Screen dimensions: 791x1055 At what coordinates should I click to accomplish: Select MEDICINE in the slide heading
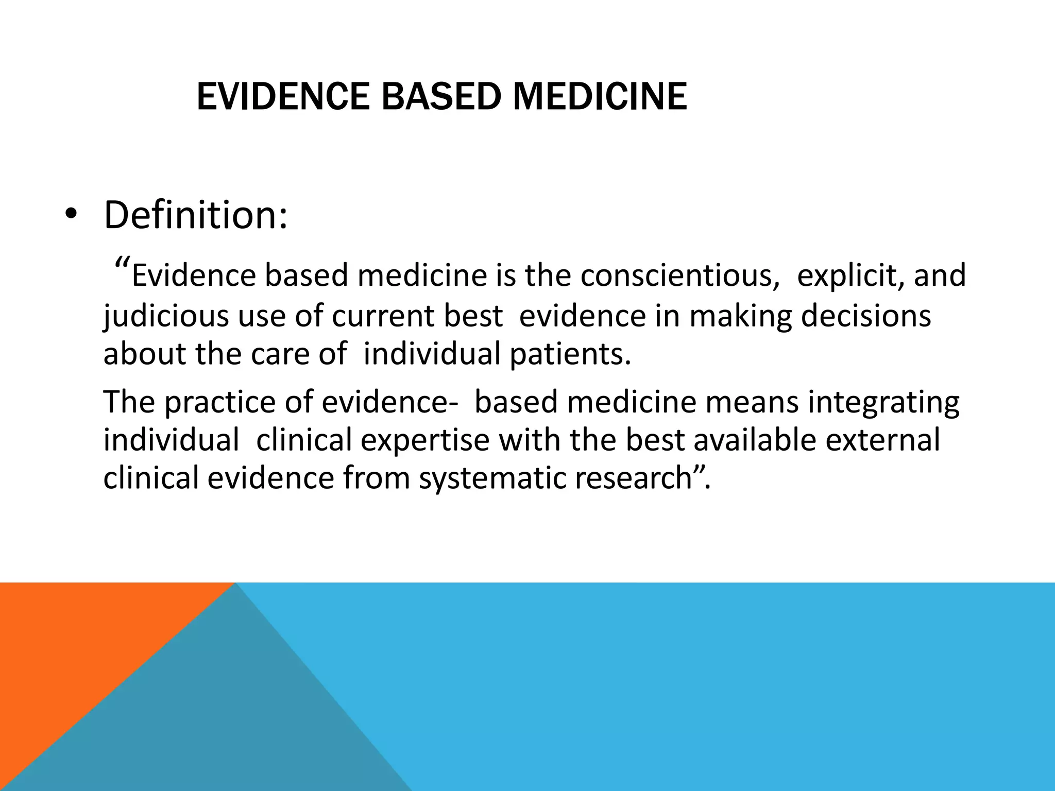(600, 96)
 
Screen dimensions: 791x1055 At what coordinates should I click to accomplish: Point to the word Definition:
(196, 215)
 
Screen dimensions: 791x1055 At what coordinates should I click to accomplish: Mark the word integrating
(883, 402)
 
